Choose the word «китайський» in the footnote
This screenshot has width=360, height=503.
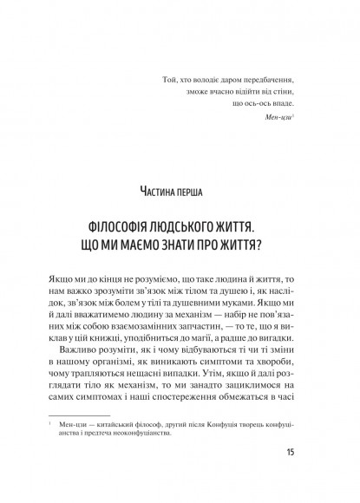click(134, 452)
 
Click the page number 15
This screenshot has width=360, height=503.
click(289, 474)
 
